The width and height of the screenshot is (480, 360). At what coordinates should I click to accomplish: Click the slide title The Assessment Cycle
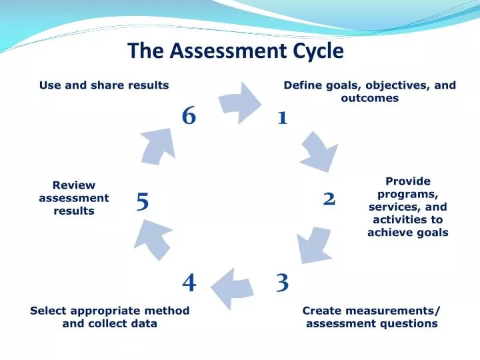(x=236, y=51)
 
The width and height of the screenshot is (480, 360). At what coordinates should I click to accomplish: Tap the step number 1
(x=282, y=118)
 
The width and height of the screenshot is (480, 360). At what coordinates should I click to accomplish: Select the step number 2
(x=329, y=199)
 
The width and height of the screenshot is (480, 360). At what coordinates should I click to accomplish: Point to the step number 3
(x=282, y=283)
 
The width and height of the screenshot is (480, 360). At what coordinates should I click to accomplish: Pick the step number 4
(x=189, y=283)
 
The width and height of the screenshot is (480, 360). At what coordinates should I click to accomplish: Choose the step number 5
(x=142, y=201)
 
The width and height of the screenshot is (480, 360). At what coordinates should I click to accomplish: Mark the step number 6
(x=189, y=116)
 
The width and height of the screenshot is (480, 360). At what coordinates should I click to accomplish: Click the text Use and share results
(x=103, y=85)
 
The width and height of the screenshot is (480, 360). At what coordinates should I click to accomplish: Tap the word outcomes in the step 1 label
(x=369, y=98)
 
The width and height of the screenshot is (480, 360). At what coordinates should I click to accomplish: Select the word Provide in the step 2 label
(x=408, y=181)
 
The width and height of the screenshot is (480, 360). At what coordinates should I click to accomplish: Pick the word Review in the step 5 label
(x=73, y=185)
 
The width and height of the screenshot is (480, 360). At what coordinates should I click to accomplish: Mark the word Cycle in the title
(x=317, y=51)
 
